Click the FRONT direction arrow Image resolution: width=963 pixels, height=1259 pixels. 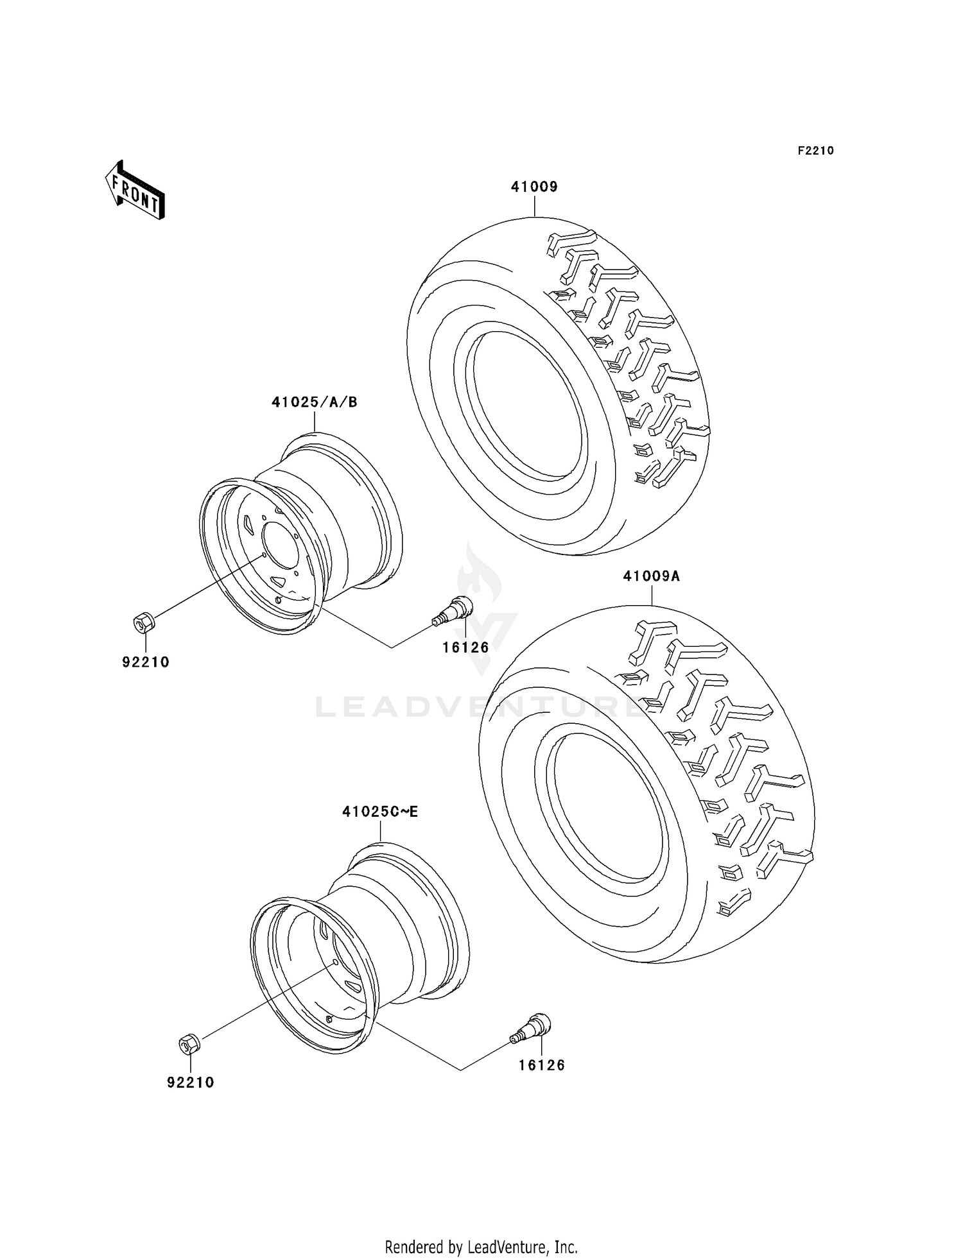click(135, 191)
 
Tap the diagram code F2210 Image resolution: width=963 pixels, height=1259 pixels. click(815, 151)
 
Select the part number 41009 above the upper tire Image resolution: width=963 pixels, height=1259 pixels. click(534, 187)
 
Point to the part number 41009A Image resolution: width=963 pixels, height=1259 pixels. click(651, 576)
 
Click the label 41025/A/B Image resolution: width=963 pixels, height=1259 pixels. click(314, 402)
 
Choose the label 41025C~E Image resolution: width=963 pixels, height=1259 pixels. click(380, 812)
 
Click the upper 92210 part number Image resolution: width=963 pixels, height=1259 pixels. click(146, 662)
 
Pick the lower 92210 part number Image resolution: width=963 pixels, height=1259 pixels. click(191, 1083)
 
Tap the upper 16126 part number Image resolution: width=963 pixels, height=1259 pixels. click(465, 647)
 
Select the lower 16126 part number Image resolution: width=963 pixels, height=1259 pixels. click(542, 1065)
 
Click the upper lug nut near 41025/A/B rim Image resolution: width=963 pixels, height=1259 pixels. click(143, 621)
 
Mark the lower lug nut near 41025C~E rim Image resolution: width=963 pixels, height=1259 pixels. click(189, 1044)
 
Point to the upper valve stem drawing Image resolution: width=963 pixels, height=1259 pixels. click(453, 609)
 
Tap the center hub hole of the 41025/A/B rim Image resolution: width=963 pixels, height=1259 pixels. click(278, 544)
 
